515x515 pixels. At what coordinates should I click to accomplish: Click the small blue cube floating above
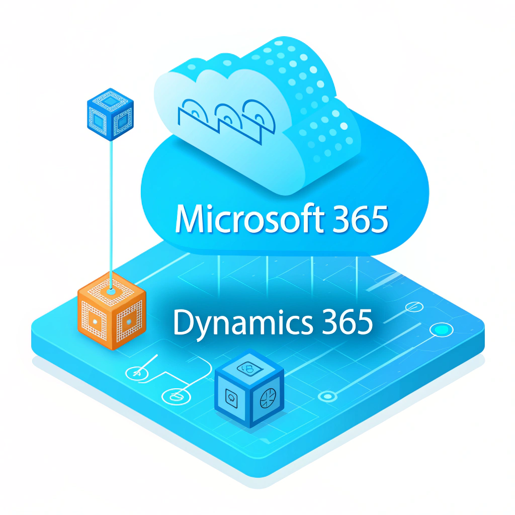tap(110, 114)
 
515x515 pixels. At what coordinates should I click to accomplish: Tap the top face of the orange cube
tap(112, 289)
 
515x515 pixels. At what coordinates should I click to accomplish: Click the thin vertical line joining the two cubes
tap(111, 201)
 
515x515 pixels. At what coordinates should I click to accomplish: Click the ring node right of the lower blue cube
tap(328, 397)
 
